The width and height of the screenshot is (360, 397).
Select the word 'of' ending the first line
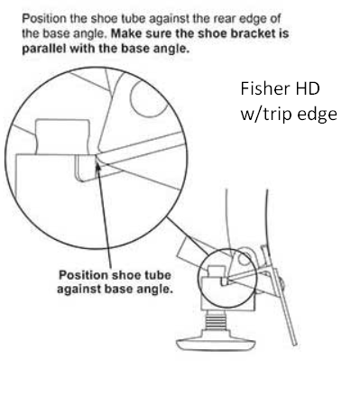(x=275, y=19)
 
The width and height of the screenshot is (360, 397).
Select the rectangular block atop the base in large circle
(x=63, y=137)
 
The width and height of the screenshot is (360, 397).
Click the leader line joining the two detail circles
(x=188, y=236)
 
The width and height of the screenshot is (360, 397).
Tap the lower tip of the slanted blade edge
(x=295, y=345)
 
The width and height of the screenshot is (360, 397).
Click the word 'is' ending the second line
(x=284, y=33)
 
